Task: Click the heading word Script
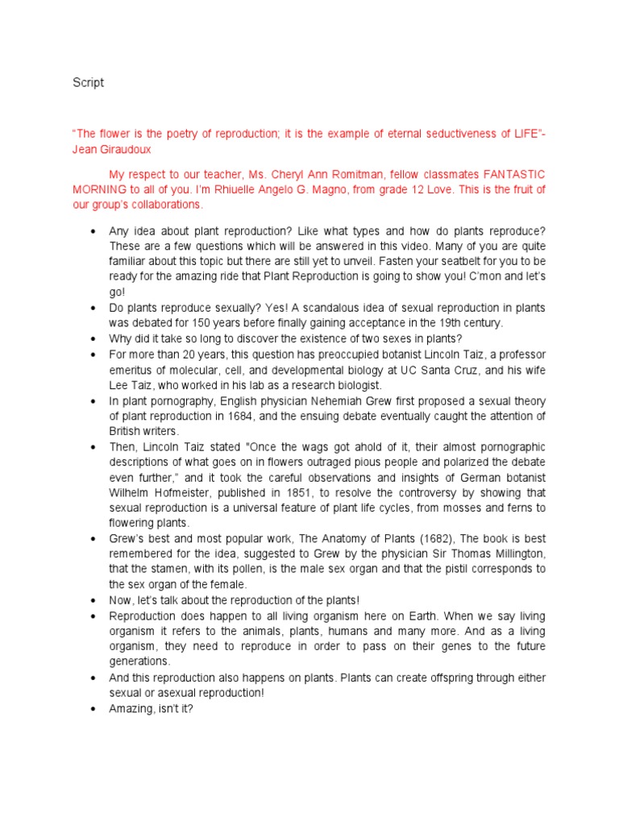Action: (88, 83)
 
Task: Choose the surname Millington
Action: (512, 554)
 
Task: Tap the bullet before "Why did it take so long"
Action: (94, 338)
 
